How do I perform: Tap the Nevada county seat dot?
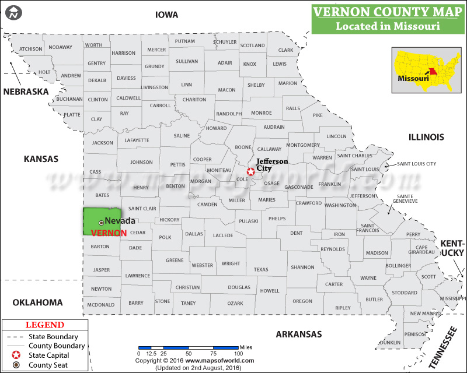101,222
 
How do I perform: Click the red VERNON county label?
109,232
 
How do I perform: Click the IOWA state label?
166,15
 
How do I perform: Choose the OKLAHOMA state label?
37,302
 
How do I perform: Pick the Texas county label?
261,269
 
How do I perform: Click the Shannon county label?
302,267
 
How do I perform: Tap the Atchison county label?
30,49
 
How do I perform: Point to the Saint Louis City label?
417,164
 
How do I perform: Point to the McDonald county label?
100,305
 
